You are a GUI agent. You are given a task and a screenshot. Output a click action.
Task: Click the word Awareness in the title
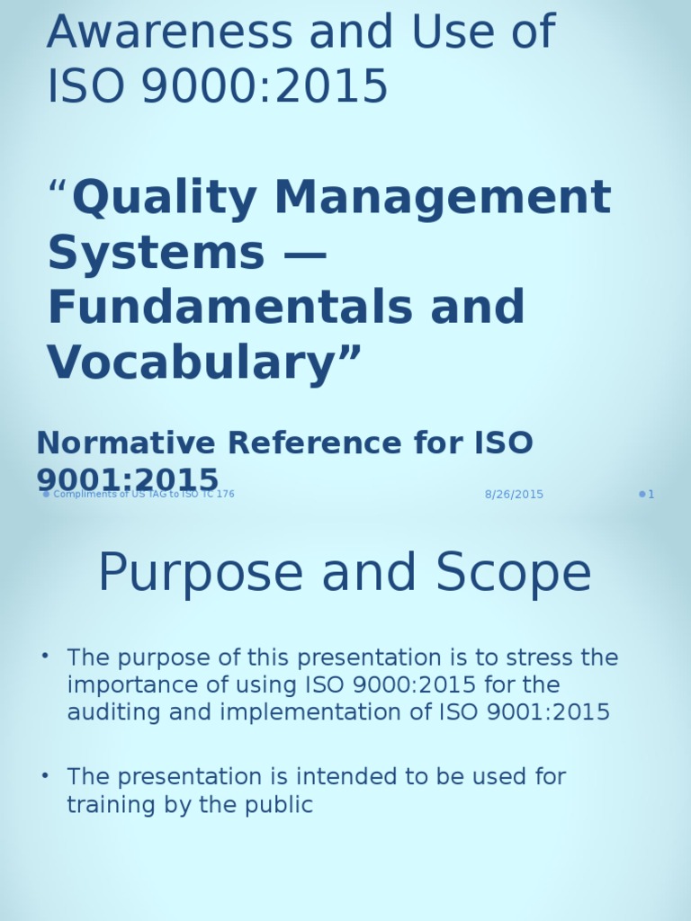click(x=169, y=33)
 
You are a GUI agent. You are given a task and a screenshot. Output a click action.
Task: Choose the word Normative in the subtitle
click(x=126, y=443)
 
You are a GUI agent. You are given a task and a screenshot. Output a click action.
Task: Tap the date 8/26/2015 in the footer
click(x=514, y=495)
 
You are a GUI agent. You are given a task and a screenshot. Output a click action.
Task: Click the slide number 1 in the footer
click(x=651, y=495)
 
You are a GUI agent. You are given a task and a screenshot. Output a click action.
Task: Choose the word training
click(x=105, y=805)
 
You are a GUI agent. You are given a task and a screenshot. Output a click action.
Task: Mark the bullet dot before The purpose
click(x=45, y=656)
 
